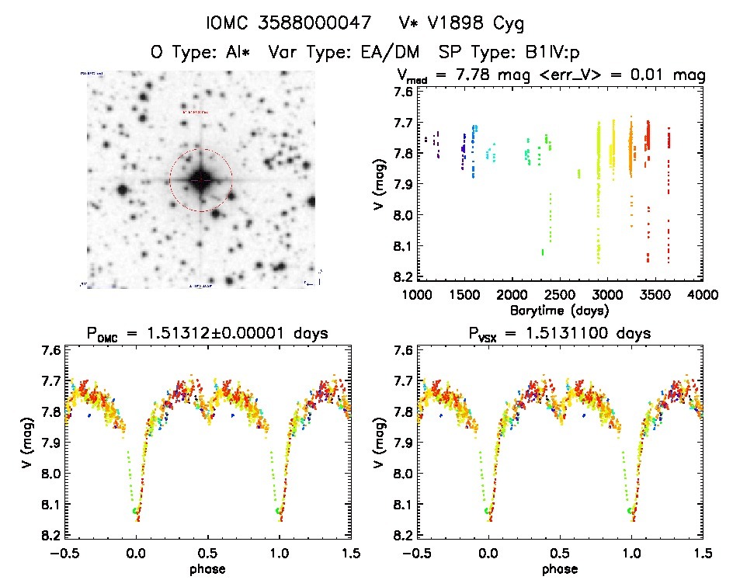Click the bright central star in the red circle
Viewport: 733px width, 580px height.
pyautogui.click(x=201, y=180)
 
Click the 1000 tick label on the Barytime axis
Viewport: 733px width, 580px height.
pyautogui.click(x=417, y=295)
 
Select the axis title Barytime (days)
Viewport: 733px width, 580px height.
pyautogui.click(x=559, y=310)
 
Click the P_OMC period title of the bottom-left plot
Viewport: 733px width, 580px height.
pyautogui.click(x=207, y=334)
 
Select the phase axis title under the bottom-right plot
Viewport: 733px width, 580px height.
pyautogui.click(x=560, y=568)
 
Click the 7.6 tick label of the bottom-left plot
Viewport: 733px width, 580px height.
pyautogui.click(x=50, y=350)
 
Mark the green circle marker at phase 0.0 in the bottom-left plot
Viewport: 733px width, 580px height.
pyautogui.click(x=136, y=511)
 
